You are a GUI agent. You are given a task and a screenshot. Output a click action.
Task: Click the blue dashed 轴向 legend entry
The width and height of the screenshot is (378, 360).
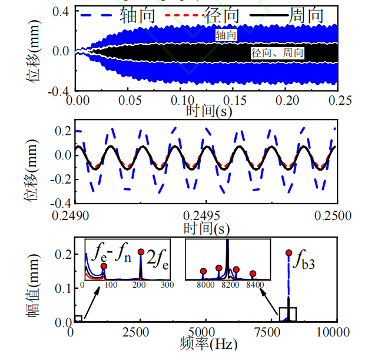(x=118, y=15)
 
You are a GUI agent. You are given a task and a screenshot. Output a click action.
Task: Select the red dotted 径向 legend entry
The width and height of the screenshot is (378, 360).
(x=202, y=15)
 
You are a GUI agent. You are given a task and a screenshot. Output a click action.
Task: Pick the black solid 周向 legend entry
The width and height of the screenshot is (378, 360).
(x=286, y=15)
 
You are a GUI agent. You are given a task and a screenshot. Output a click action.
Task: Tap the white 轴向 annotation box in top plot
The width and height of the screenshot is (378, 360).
(x=226, y=35)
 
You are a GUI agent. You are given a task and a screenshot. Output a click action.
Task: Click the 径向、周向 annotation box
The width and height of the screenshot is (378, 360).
(x=277, y=53)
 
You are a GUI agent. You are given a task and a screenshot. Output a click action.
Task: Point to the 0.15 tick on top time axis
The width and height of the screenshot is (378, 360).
(x=234, y=101)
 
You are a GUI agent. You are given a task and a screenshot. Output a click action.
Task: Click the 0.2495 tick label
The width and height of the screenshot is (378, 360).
(x=201, y=216)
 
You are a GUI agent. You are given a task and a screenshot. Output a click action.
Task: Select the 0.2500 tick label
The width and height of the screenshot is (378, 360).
(x=333, y=216)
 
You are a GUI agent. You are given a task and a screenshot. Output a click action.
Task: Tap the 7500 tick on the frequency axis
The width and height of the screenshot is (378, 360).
(x=267, y=332)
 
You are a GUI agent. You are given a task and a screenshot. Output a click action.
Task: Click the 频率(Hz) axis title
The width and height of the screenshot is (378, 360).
(x=208, y=344)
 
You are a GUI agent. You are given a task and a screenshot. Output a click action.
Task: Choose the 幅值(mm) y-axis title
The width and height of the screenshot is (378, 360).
(x=33, y=285)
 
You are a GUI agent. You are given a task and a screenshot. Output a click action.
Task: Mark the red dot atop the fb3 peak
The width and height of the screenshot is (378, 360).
(x=289, y=252)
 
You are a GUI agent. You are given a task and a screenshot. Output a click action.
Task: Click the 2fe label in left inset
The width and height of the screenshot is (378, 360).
(x=158, y=259)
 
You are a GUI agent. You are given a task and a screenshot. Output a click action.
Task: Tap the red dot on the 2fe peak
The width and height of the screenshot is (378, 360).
(x=141, y=252)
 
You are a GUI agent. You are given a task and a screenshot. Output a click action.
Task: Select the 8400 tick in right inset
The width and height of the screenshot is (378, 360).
(x=255, y=285)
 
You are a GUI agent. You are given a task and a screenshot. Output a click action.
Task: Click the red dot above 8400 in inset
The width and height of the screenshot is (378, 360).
(x=253, y=274)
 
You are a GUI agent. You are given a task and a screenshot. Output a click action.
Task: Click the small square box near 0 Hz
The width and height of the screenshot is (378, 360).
(x=78, y=319)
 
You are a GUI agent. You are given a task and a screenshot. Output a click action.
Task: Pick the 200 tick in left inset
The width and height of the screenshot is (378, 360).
(x=139, y=285)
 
